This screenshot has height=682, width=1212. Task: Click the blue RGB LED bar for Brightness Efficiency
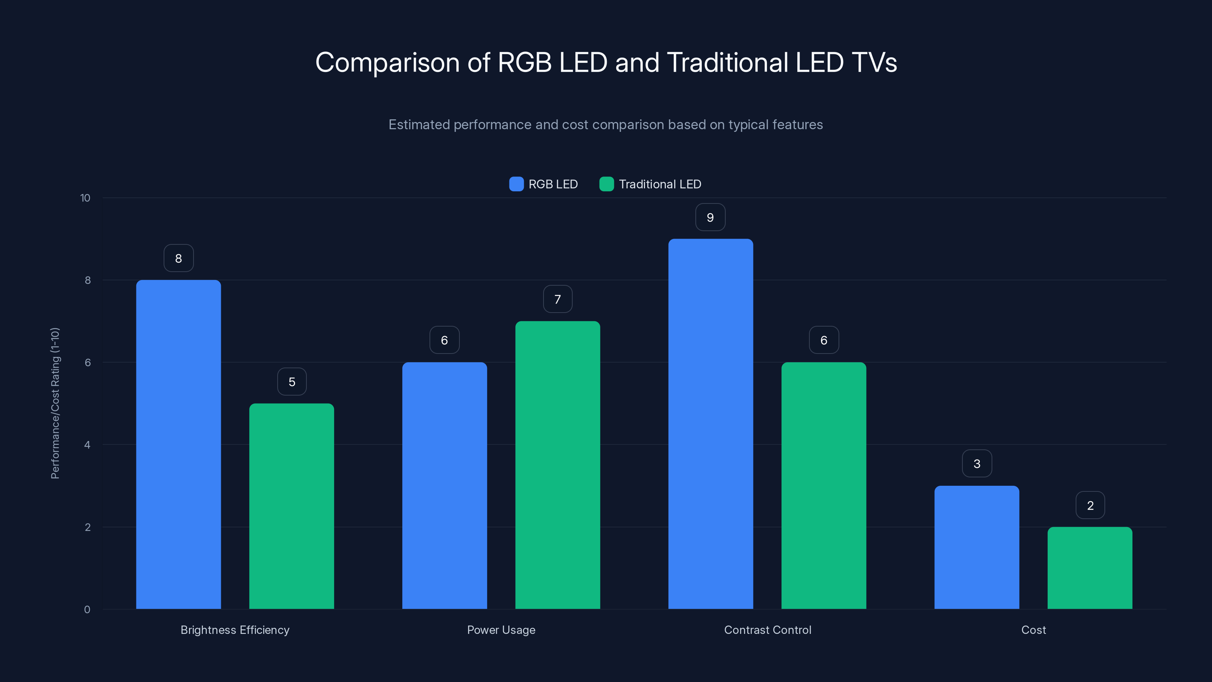[x=178, y=444]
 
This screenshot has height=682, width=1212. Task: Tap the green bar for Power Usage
[x=558, y=465]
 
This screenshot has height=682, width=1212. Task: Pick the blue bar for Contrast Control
[x=711, y=424]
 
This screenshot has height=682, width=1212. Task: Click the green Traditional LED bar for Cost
[x=1090, y=568]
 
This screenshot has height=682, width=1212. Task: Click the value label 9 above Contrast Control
[x=711, y=217]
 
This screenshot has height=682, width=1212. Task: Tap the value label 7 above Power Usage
[x=558, y=299]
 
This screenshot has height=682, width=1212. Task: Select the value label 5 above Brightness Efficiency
[x=292, y=382]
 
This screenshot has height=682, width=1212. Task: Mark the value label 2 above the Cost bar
[x=1090, y=505]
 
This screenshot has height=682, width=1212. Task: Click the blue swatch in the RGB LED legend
[x=516, y=184]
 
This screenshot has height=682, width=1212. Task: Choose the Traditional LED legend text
[x=660, y=184]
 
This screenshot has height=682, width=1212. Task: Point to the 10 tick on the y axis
[x=85, y=198]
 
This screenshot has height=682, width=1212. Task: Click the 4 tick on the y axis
[x=87, y=445]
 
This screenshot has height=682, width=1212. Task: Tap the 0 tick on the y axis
[x=87, y=610]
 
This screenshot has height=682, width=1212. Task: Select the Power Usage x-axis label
[x=501, y=630]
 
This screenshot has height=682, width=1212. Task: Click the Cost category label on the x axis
[x=1033, y=630]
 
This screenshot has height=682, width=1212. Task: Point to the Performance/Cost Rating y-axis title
[x=55, y=404]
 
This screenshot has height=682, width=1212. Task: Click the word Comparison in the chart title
[x=387, y=63]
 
